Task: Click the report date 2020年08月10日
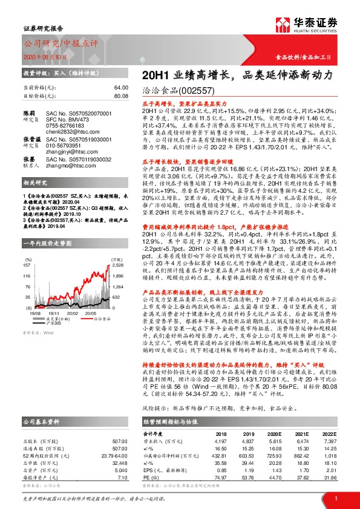point(48,57)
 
